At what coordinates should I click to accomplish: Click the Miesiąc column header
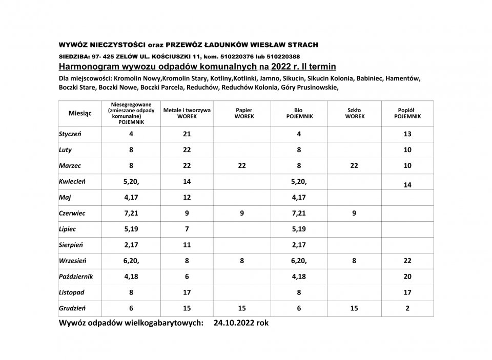[80, 114]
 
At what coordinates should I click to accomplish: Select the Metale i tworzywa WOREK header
[187, 113]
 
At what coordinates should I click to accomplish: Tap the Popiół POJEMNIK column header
[407, 113]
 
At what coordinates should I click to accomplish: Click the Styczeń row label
[71, 135]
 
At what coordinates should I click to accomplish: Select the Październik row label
[75, 277]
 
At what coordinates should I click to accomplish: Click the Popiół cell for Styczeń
[407, 135]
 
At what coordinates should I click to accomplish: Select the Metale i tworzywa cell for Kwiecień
[187, 181]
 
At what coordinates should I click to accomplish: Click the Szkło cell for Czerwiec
[354, 213]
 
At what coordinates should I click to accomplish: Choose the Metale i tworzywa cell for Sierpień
[187, 245]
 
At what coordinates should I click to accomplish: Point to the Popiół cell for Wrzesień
[407, 261]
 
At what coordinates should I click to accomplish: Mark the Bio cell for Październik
[298, 277]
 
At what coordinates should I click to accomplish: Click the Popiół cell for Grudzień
[407, 308]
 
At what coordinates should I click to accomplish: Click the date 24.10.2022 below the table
[233, 323]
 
